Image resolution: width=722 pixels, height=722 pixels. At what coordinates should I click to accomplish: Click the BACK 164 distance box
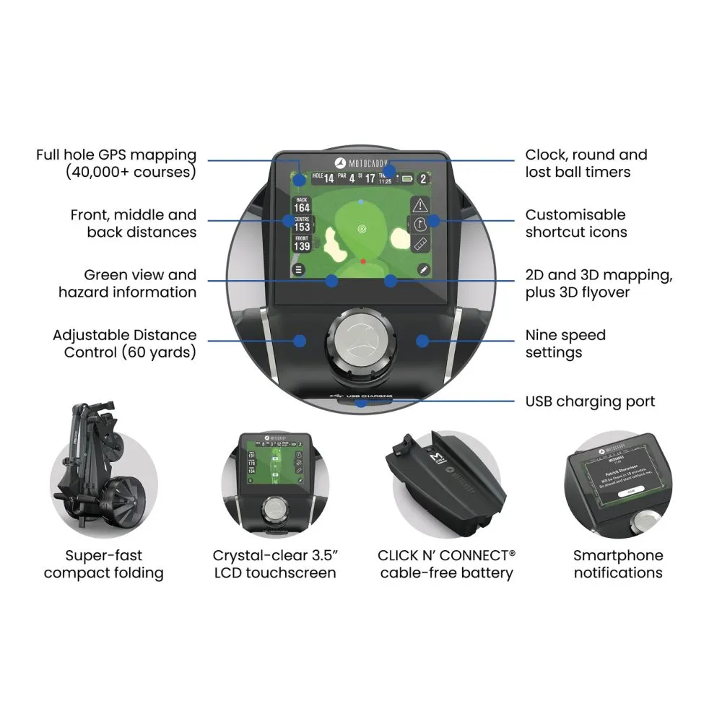(301, 204)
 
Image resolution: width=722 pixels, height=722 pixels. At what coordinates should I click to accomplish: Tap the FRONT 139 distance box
(301, 243)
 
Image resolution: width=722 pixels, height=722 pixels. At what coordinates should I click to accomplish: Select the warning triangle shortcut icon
(421, 204)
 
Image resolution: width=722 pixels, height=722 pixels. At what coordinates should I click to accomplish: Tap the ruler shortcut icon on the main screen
(421, 243)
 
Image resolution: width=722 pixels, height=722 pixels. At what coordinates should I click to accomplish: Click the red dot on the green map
(363, 261)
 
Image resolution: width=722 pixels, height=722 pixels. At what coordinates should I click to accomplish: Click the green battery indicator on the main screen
(409, 178)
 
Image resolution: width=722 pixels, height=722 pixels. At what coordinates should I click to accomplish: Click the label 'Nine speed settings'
(565, 344)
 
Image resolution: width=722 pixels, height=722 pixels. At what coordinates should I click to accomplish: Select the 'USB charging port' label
(590, 401)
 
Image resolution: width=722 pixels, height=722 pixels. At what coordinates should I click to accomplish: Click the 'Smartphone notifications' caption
(617, 564)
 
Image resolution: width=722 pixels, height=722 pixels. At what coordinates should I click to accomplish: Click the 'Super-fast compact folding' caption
(103, 564)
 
